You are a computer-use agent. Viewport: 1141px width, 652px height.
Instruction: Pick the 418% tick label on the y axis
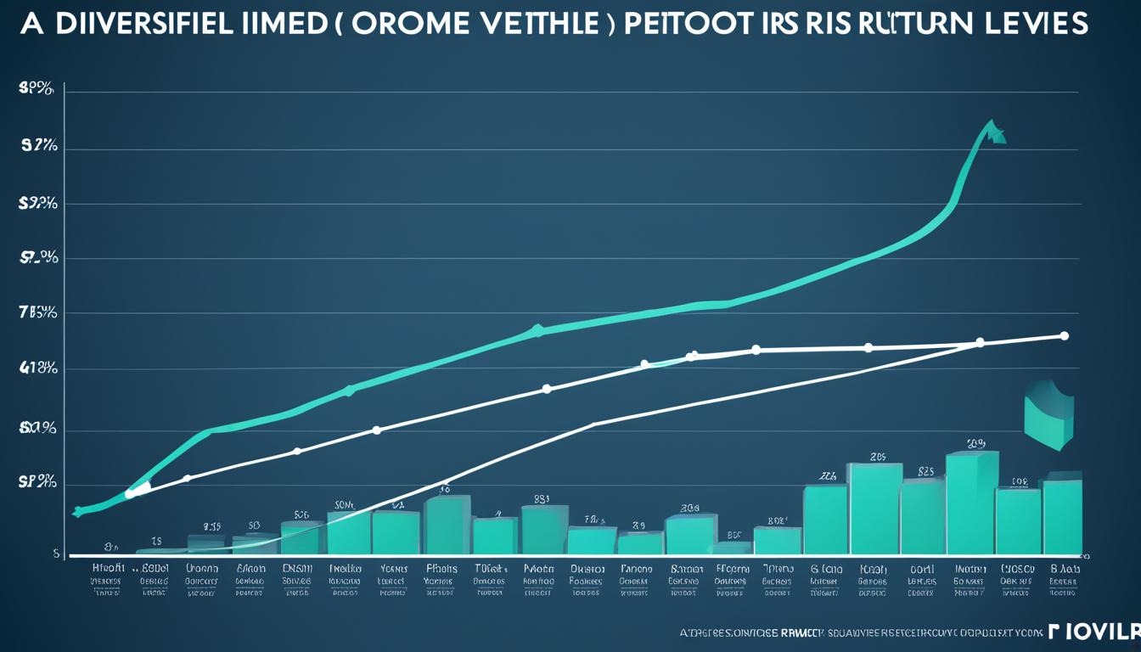point(38,368)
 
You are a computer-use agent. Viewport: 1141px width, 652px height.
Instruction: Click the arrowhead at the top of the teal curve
point(993,131)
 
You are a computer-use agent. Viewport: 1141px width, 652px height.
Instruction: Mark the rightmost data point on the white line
point(1064,336)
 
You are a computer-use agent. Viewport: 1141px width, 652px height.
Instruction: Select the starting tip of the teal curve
point(77,512)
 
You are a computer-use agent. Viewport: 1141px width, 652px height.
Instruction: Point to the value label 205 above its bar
point(878,457)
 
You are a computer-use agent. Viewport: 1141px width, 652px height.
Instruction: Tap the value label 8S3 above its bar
point(542,499)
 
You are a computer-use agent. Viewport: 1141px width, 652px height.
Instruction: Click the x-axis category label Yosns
point(394,569)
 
